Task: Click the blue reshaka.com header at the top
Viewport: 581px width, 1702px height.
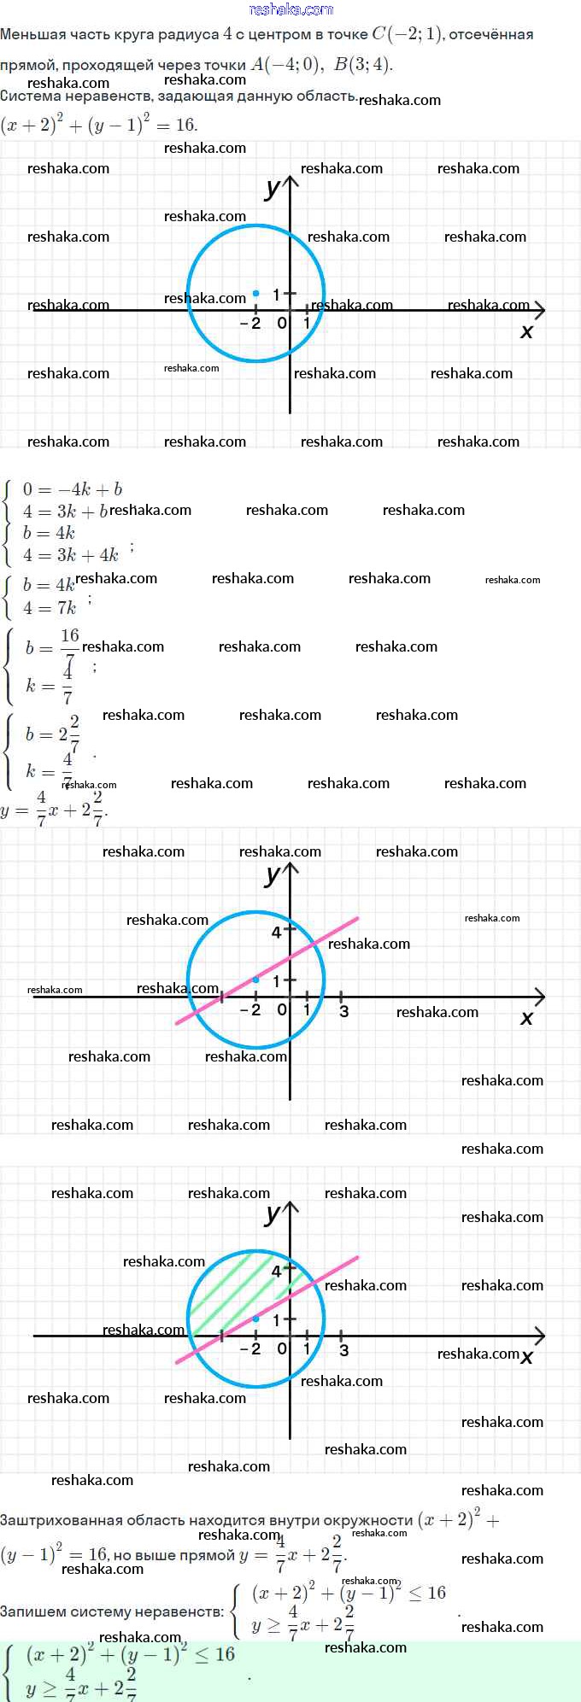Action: [x=290, y=9]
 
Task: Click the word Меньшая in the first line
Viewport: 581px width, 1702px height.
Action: [x=31, y=35]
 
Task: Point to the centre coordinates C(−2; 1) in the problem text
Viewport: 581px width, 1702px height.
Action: [x=407, y=35]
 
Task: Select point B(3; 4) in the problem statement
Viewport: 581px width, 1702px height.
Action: [x=362, y=65]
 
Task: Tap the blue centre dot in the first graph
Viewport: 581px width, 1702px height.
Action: [x=255, y=293]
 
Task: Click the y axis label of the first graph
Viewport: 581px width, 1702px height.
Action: [x=273, y=189]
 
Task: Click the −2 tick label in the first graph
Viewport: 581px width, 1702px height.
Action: [x=250, y=324]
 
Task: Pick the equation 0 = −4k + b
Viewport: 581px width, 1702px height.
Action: [x=72, y=489]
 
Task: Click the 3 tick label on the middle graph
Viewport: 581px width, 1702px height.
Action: [x=344, y=1012]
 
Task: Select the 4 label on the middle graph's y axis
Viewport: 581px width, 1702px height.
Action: [x=276, y=933]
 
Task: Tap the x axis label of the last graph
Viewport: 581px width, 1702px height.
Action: [x=527, y=1357]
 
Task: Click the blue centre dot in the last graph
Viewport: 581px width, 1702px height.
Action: [x=255, y=1319]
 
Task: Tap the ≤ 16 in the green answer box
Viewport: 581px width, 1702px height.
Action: [x=214, y=1654]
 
